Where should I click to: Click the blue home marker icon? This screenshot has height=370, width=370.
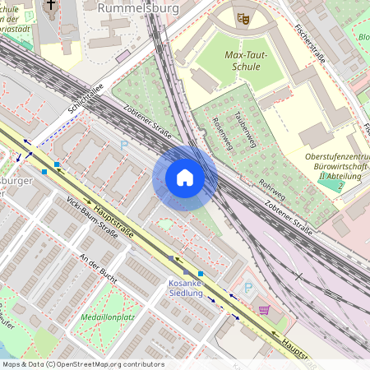(185, 178)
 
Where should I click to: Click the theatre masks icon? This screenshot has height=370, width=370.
(243, 16)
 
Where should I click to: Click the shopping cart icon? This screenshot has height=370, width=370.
(264, 310)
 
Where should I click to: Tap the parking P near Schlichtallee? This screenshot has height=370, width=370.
(124, 145)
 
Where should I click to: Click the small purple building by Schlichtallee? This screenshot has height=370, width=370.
(123, 56)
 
